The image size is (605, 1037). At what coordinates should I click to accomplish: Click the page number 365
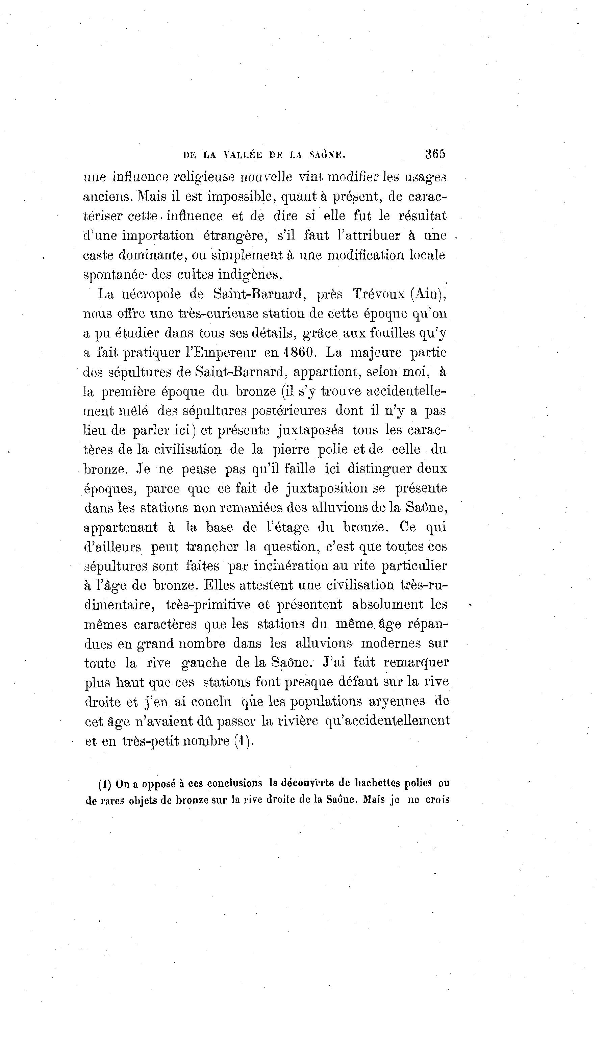tap(435, 154)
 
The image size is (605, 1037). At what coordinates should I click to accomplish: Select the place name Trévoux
tap(378, 294)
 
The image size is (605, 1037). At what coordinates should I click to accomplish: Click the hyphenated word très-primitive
tap(208, 605)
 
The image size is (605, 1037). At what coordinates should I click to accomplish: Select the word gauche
tap(204, 662)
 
